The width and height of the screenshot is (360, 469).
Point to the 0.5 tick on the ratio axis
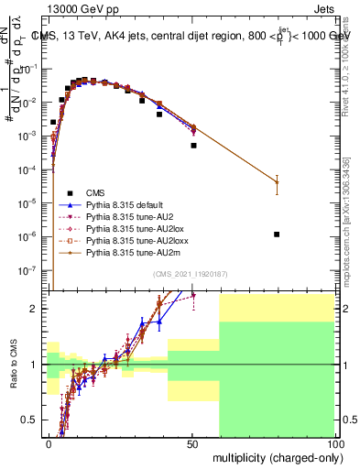(x=30, y=420)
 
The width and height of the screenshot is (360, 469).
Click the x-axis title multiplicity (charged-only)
(x=274, y=456)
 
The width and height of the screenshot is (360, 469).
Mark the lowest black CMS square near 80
(x=277, y=234)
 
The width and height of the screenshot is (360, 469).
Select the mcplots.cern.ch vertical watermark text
(x=352, y=229)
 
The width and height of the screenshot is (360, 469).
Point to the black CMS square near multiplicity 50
(x=193, y=145)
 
